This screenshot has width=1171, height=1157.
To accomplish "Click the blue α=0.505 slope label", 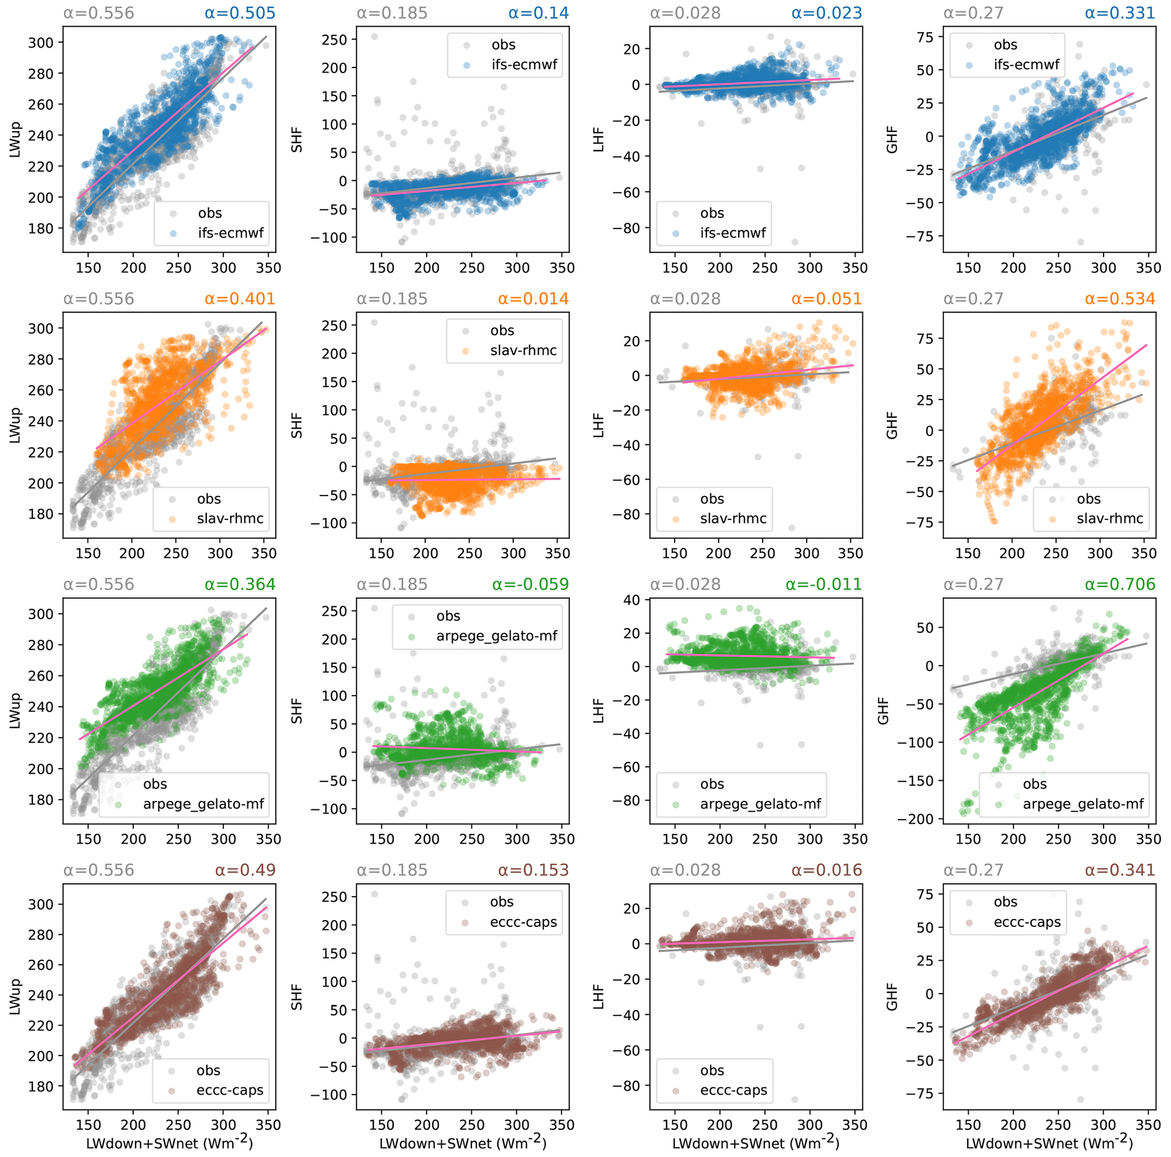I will [x=240, y=14].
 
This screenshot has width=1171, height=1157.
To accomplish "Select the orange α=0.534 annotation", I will [x=1119, y=299].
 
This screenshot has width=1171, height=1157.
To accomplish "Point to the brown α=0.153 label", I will [x=533, y=870].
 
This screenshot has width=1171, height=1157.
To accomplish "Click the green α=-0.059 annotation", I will [x=530, y=584].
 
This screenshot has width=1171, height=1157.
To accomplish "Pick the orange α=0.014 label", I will [x=533, y=299].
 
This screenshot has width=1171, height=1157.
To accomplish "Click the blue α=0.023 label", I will [x=826, y=14].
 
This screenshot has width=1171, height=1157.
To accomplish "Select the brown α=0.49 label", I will [x=245, y=870].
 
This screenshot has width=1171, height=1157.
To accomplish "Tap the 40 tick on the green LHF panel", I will [x=632, y=600].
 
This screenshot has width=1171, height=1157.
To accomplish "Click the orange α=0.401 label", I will [x=240, y=299].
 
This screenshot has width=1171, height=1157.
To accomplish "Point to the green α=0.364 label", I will [x=240, y=584].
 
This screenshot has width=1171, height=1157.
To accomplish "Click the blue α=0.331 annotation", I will [x=1119, y=14].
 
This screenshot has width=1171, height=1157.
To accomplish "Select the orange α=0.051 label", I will [x=826, y=299].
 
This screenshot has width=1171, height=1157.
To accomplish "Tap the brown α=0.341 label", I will [x=1119, y=870].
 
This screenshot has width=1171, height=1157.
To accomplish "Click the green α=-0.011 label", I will [x=824, y=584].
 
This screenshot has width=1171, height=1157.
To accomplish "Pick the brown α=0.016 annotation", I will [x=826, y=870].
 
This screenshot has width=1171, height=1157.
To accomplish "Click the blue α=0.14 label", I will [x=539, y=14].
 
